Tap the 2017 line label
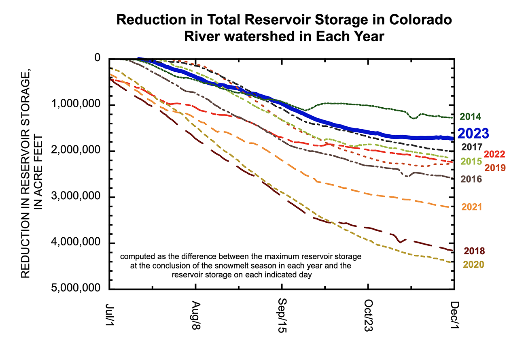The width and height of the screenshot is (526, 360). coord(471,147)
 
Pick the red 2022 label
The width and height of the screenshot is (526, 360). coord(494,154)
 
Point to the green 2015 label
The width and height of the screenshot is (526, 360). coord(471,161)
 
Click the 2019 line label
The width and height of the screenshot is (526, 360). coord(495,167)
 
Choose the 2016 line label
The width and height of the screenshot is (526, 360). coord(471,179)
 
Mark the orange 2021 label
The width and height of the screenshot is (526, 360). coord(472,207)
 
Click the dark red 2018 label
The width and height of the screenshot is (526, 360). coord(474,251)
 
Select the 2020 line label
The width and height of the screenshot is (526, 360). coord(473,264)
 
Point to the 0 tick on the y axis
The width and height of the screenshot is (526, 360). coord(98,59)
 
